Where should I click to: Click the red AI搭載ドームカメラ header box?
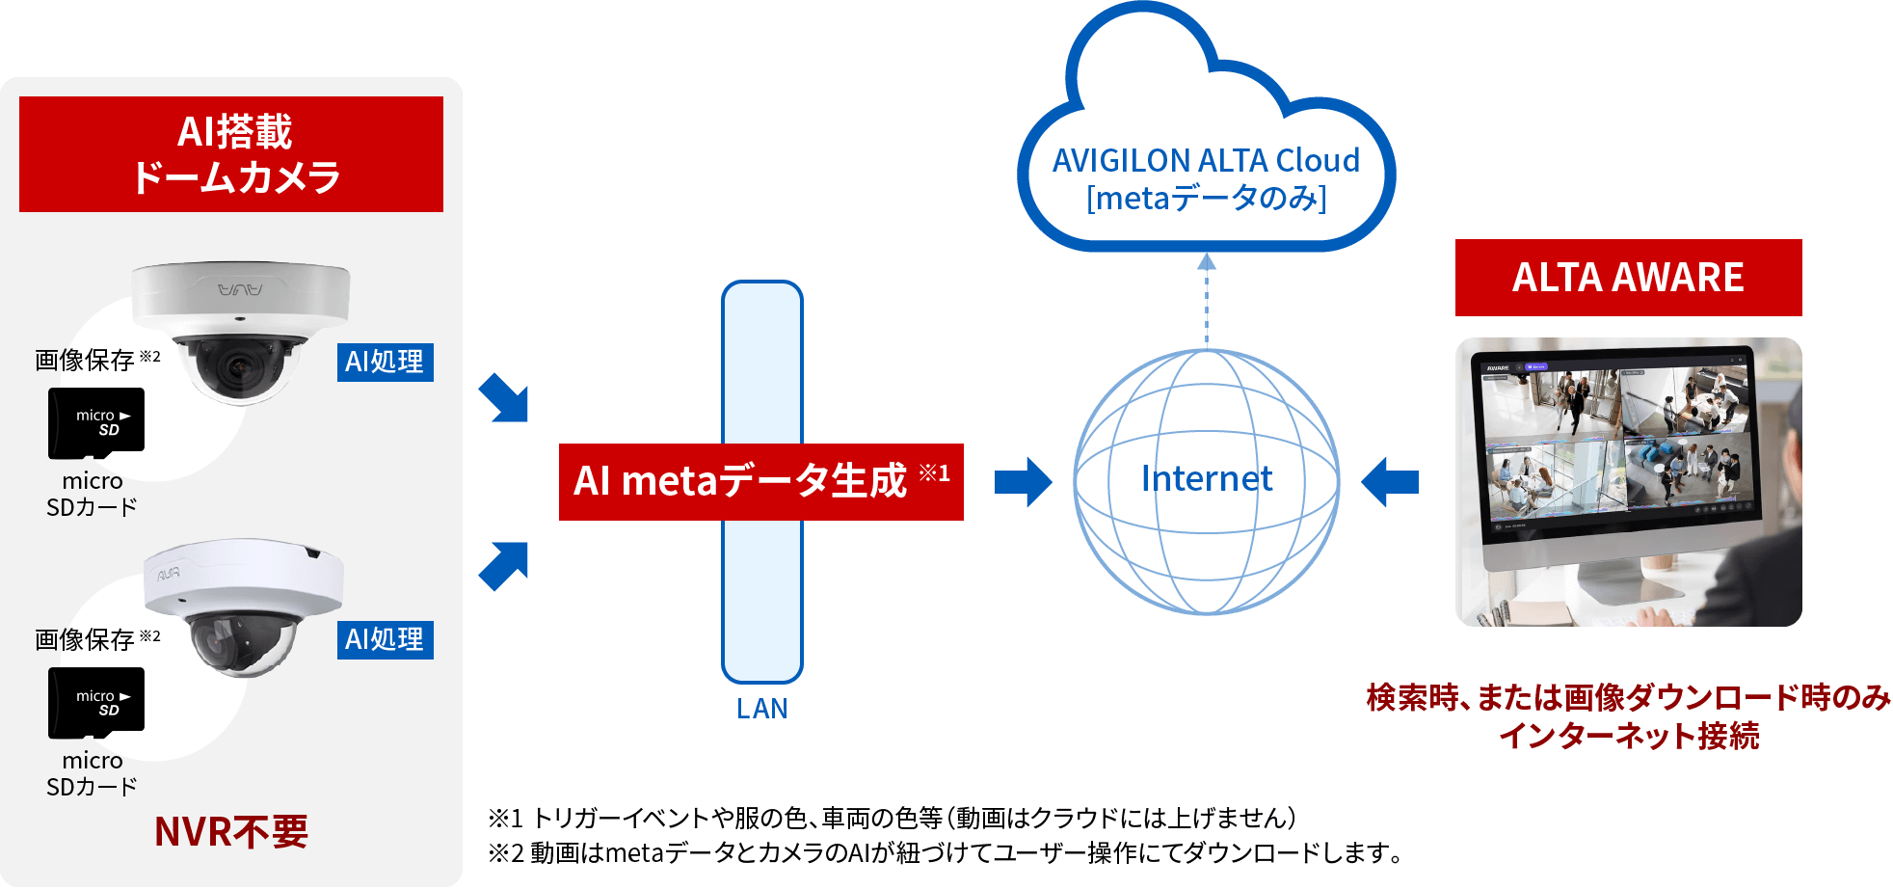(x=231, y=154)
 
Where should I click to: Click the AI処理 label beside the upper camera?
(x=385, y=362)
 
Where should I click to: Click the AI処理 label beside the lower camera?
(x=385, y=639)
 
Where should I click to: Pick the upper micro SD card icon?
(x=96, y=422)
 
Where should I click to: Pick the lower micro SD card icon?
(x=96, y=702)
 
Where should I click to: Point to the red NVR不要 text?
(x=231, y=831)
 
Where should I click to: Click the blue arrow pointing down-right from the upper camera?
(x=504, y=397)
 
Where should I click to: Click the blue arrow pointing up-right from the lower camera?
(x=504, y=566)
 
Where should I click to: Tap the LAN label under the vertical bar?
(x=761, y=709)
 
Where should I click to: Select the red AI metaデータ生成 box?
(x=760, y=481)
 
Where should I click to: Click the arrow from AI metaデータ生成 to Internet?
(x=1023, y=481)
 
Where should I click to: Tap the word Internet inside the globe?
(x=1206, y=478)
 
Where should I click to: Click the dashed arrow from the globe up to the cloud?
(x=1206, y=299)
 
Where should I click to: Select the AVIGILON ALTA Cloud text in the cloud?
(x=1206, y=160)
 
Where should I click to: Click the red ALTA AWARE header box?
(x=1628, y=278)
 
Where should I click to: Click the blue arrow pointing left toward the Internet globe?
(x=1390, y=481)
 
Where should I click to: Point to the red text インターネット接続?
(x=1628, y=736)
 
